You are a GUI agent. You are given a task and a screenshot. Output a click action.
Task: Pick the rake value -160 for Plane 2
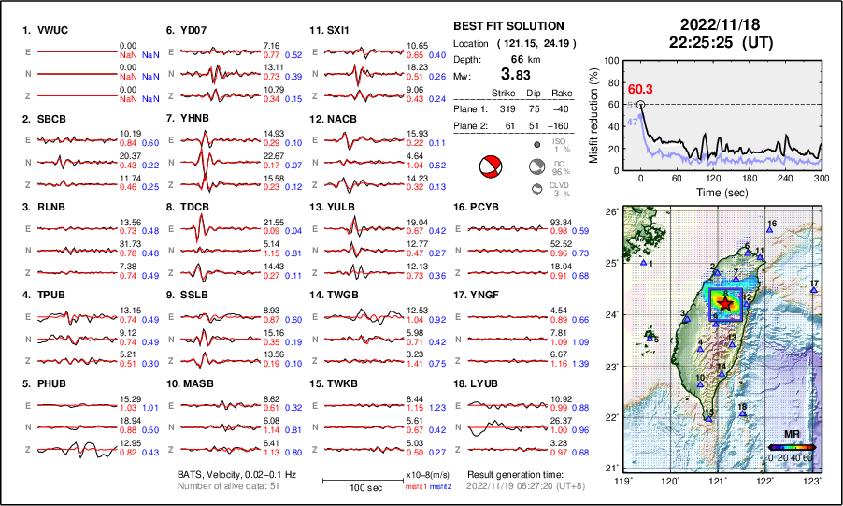(558, 124)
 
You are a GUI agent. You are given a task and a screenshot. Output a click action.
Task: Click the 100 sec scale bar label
(351, 487)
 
